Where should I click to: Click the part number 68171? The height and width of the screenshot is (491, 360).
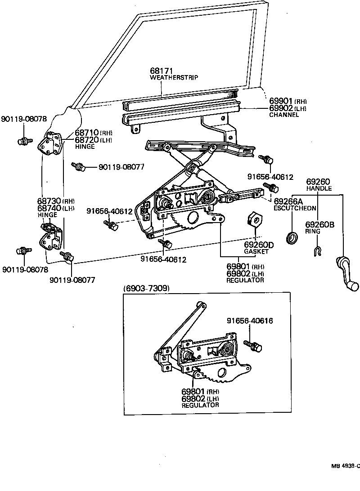(x=162, y=71)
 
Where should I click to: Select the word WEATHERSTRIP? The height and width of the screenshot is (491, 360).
(x=174, y=78)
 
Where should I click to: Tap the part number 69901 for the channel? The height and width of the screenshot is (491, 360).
(x=282, y=102)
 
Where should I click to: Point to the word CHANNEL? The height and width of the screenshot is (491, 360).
(x=284, y=115)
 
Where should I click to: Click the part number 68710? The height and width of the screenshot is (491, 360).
(x=87, y=133)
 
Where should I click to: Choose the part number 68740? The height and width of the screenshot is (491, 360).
(x=49, y=208)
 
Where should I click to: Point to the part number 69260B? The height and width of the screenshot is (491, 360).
(x=319, y=224)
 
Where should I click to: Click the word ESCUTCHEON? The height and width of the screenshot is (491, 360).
(x=295, y=209)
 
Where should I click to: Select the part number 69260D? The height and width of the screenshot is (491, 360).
(x=259, y=245)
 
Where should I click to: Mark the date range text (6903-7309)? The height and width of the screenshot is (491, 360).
(x=146, y=288)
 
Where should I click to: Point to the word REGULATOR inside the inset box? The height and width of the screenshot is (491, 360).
(x=200, y=405)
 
